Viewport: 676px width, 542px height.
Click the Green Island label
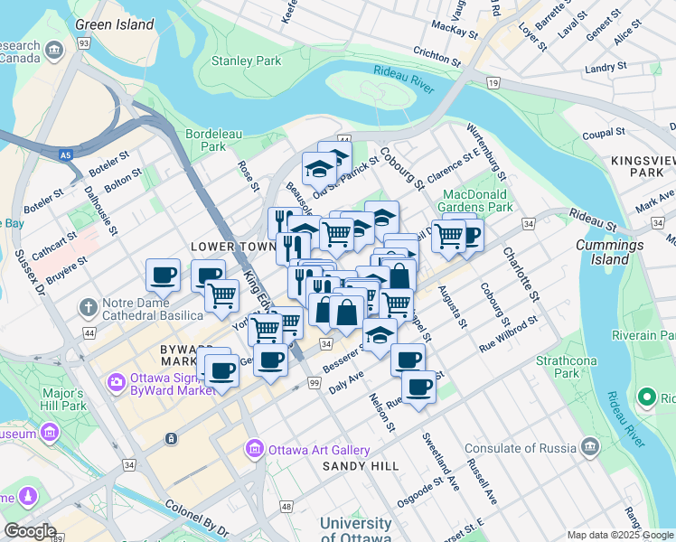pyautogui.click(x=115, y=24)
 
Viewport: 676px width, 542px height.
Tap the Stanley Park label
pyautogui.click(x=247, y=61)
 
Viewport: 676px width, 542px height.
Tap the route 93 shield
pyautogui.click(x=83, y=43)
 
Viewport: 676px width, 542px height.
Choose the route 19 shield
pyautogui.click(x=493, y=83)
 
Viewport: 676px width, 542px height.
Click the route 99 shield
pyautogui.click(x=314, y=384)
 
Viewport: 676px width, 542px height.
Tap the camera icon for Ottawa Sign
pyautogui.click(x=116, y=383)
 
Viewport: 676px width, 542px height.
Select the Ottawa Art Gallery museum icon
pyautogui.click(x=255, y=449)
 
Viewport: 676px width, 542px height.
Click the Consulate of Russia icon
pyautogui.click(x=590, y=446)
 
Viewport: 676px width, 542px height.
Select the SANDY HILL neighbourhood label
pyautogui.click(x=361, y=466)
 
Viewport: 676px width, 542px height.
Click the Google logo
pyautogui.click(x=29, y=531)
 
